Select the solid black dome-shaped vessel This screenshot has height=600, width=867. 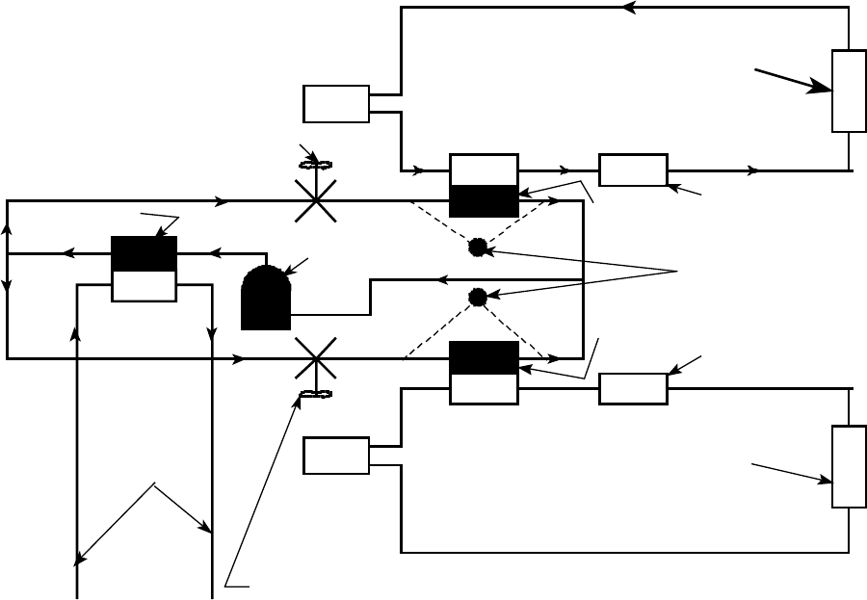(265, 298)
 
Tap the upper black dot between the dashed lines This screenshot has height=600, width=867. (477, 248)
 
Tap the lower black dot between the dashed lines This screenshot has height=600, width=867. (477, 297)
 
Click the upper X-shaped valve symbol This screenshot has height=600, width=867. (315, 201)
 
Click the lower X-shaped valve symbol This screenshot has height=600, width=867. (315, 358)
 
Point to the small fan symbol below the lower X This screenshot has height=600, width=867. (315, 394)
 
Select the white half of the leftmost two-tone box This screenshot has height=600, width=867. (144, 285)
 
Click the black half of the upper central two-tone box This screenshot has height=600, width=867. (484, 201)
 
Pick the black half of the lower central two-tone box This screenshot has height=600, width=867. (484, 357)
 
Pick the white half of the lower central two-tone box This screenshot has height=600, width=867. (484, 389)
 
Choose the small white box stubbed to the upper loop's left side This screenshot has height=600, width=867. (336, 104)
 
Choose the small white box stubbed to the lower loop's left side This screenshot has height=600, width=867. (336, 456)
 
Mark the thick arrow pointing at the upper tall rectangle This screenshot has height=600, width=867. (794, 80)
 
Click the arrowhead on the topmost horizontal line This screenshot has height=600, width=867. (630, 8)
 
